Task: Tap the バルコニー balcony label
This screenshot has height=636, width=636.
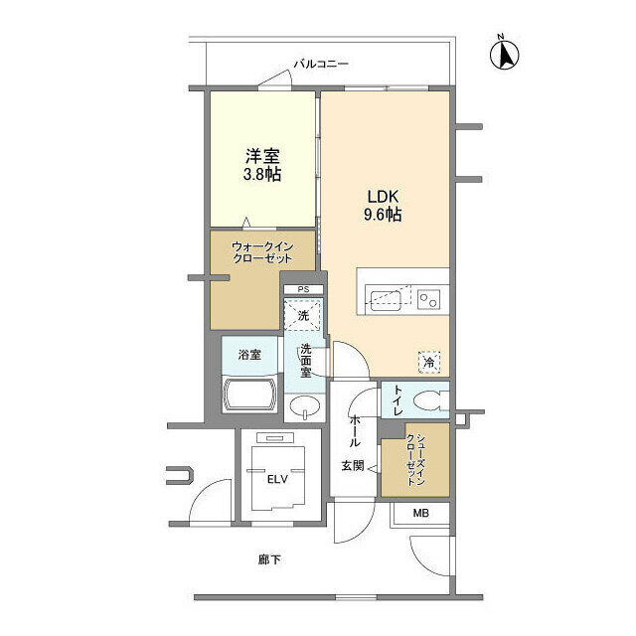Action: pos(321,64)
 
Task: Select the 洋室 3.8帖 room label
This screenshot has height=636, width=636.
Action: pos(262,165)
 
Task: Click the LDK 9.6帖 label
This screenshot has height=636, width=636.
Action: pos(383,206)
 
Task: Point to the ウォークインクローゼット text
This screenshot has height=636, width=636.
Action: pos(262,252)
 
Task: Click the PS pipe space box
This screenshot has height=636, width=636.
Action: pos(303,289)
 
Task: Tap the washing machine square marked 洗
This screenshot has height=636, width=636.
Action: pos(303,315)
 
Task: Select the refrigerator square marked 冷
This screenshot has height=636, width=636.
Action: pos(429,362)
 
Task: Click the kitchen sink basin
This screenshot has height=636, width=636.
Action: pos(385,300)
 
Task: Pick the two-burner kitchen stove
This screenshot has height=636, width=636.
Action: pos(428,300)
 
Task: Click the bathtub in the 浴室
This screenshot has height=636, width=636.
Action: pos(249,395)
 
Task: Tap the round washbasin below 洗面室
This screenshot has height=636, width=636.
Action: pos(305,406)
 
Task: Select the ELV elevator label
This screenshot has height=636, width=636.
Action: pos(277,479)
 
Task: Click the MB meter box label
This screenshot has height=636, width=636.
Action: pos(420,513)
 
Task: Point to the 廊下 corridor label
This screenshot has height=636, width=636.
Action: pos(269,560)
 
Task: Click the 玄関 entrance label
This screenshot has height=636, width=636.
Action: pos(353,466)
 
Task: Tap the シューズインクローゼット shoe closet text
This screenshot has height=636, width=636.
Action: pos(415,459)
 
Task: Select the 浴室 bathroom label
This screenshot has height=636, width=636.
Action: pos(249,355)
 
